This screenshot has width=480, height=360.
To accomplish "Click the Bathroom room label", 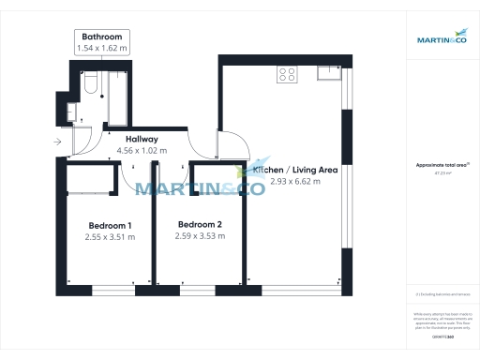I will (x=103, y=37).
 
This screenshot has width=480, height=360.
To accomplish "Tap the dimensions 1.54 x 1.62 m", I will (x=103, y=47).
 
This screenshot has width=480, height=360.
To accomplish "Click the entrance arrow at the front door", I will (x=58, y=142).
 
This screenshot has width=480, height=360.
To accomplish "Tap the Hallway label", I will (x=141, y=140).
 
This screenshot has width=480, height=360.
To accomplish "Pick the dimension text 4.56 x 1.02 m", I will (x=141, y=150).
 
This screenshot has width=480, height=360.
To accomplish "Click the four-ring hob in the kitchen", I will (x=287, y=76).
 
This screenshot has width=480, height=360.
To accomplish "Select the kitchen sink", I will (x=326, y=71).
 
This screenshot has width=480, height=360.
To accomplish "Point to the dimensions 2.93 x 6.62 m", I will (x=295, y=181).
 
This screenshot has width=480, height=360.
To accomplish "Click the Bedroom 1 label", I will (x=110, y=226).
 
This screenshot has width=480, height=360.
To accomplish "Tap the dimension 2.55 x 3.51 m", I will (x=110, y=237).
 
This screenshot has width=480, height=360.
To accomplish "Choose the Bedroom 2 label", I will (x=200, y=225).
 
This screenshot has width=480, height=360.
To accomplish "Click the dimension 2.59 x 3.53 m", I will (x=200, y=236).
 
